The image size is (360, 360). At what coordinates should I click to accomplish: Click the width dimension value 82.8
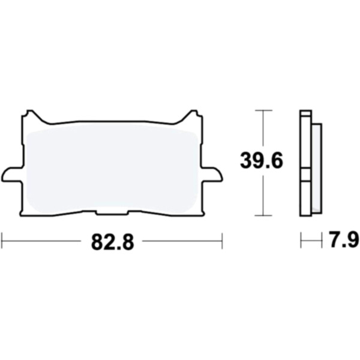click(x=113, y=242)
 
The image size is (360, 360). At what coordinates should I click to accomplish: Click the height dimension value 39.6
click(x=262, y=161)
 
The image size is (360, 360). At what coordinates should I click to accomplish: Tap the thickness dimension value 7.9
click(x=343, y=240)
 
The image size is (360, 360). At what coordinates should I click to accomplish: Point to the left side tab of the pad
click(x=12, y=174)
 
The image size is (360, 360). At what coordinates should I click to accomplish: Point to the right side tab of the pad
click(x=212, y=174)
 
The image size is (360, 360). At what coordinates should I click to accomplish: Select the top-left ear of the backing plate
click(x=30, y=115)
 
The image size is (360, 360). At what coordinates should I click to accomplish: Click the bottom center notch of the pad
click(x=112, y=212)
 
